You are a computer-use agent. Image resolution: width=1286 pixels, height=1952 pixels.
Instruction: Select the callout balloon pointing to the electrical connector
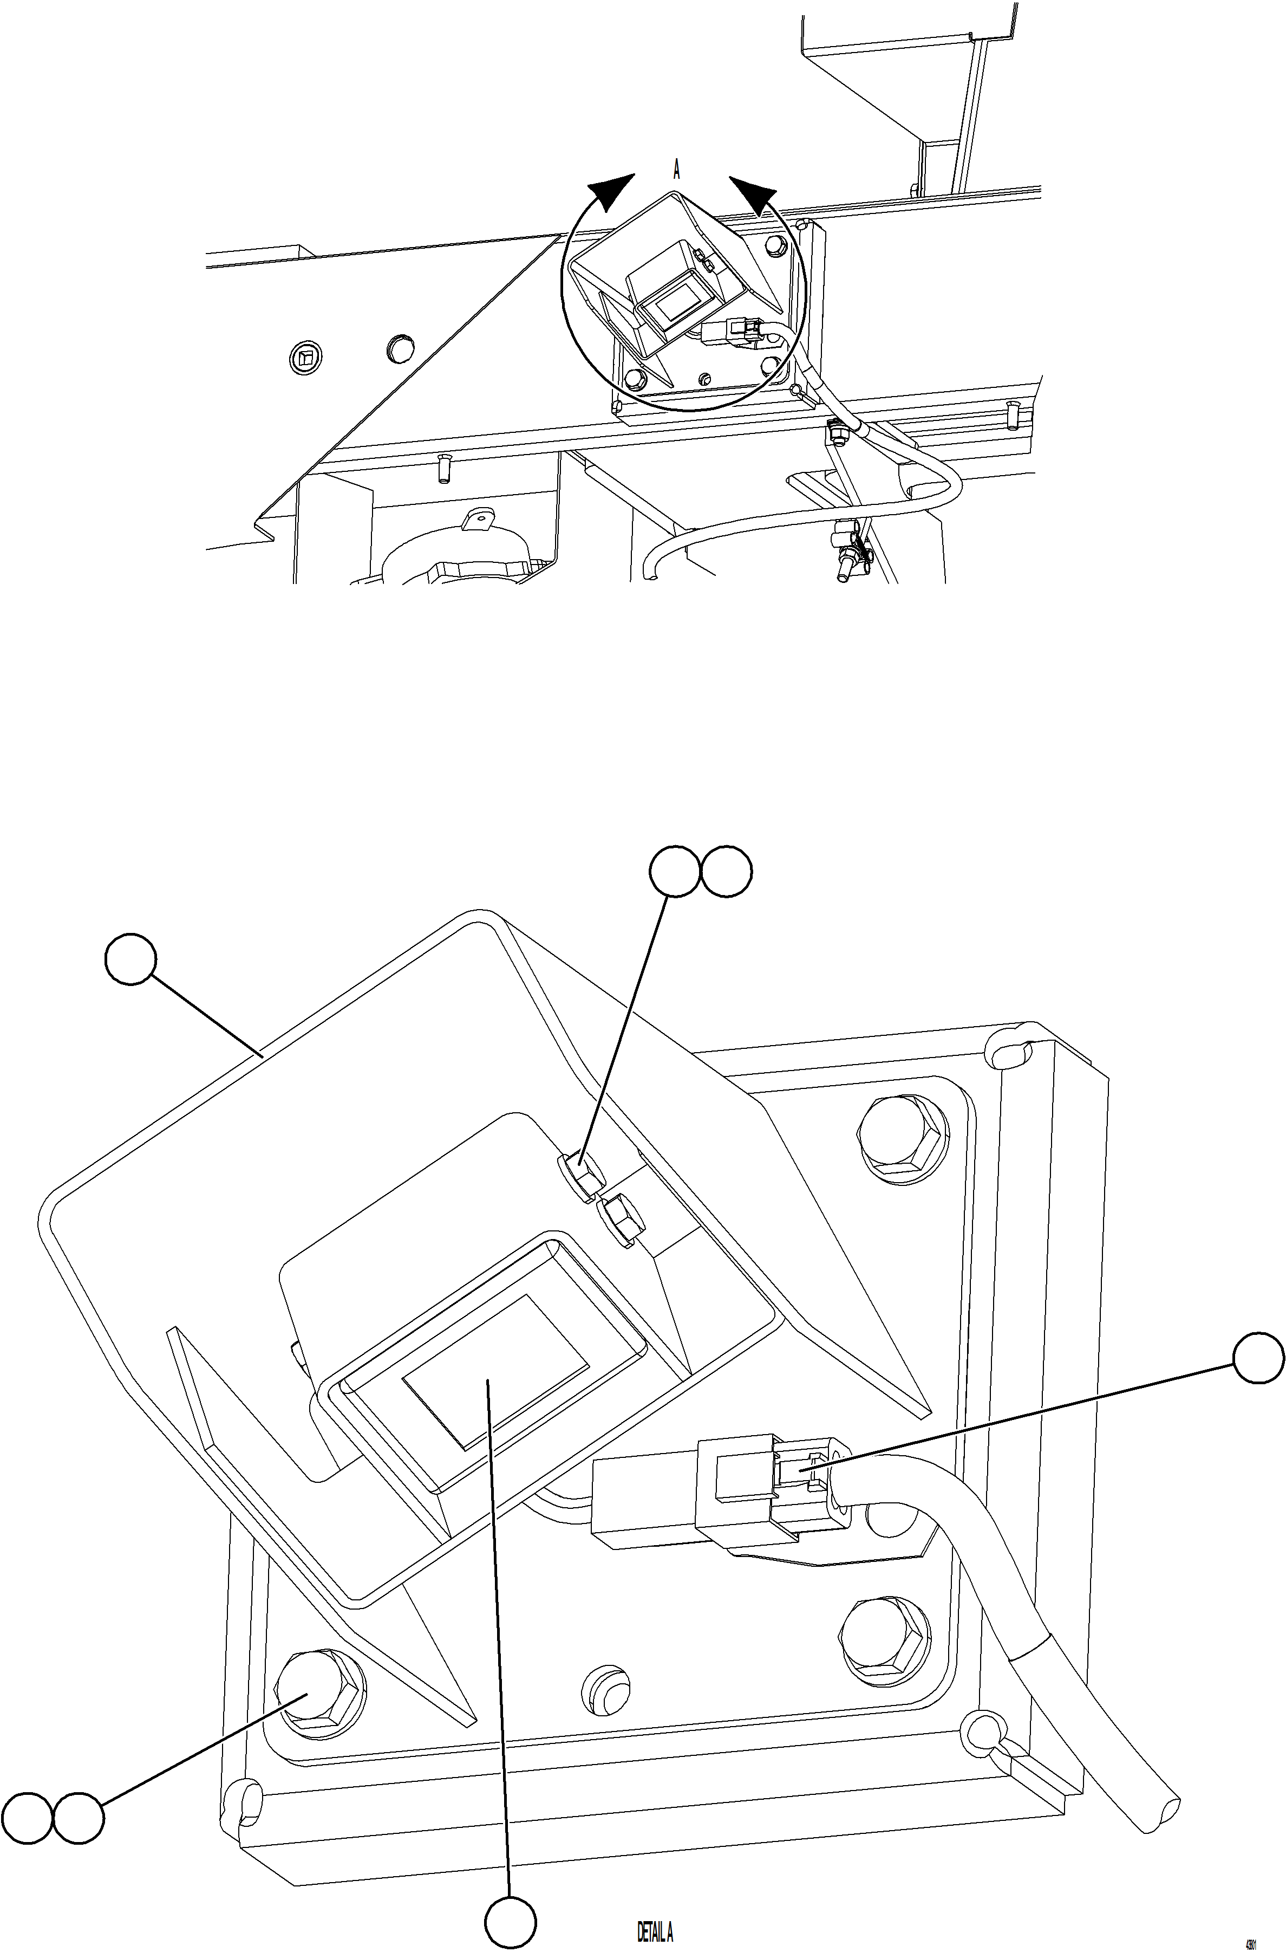tap(1259, 1358)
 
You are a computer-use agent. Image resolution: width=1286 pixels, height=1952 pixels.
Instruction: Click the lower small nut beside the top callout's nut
tap(621, 1222)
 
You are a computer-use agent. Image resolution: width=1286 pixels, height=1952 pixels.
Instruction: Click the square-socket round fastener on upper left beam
tap(306, 357)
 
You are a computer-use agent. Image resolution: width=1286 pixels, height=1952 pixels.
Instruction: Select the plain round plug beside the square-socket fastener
tap(400, 349)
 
